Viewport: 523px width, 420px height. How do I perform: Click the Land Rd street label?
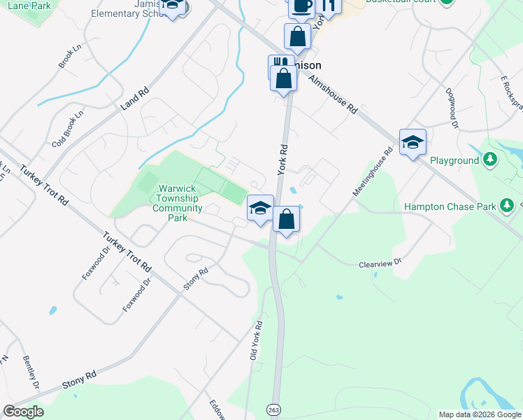[135, 98]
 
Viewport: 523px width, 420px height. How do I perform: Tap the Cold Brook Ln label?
[67, 129]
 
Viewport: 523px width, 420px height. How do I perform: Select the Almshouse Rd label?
[333, 94]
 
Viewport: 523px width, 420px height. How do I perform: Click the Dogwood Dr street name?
[452, 108]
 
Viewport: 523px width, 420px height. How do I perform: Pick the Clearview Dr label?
[381, 263]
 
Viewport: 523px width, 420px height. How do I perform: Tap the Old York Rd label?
[257, 341]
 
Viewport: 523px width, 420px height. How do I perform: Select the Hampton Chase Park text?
[450, 206]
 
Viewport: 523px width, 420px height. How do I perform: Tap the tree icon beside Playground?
[491, 160]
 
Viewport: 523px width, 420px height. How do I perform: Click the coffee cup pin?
[301, 6]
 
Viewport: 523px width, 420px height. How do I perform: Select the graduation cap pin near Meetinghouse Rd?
[413, 142]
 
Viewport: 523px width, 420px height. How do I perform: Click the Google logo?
[23, 412]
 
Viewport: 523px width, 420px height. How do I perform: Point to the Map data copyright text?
[480, 414]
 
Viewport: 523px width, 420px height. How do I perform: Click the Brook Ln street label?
[66, 62]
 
